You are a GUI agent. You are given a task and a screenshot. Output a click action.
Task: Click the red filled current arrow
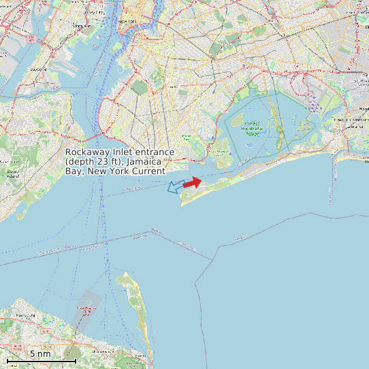click(193, 182)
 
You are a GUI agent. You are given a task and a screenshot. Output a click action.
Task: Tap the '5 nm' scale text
click(40, 353)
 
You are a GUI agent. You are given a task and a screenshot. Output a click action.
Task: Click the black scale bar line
click(41, 360)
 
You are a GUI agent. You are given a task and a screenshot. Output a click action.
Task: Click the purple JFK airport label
click(312, 103)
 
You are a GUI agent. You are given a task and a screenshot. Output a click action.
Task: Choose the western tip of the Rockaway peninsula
click(182, 203)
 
